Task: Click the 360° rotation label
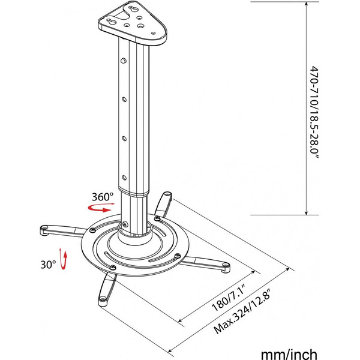[103, 197]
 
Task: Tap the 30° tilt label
[48, 265]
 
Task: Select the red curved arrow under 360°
[101, 208]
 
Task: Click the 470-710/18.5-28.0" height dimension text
[314, 113]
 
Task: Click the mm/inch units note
[289, 354]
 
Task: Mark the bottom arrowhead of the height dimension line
[306, 212]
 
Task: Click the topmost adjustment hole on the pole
[124, 61]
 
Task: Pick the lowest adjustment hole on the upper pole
[124, 178]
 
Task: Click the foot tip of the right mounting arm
[226, 266]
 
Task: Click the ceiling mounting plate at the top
[132, 23]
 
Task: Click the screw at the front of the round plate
[113, 267]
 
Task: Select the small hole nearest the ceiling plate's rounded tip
[154, 33]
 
